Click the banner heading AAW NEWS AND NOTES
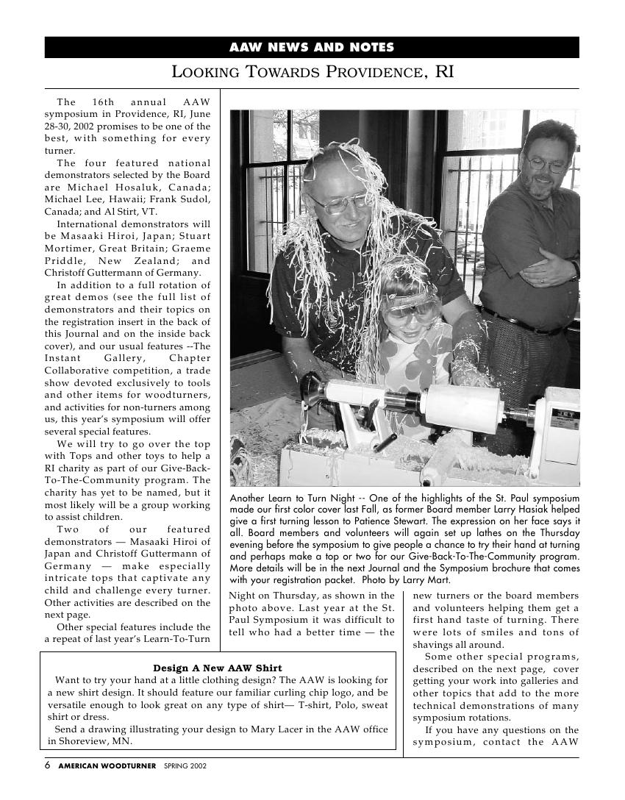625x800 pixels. point(312,48)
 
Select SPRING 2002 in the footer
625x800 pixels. point(185,765)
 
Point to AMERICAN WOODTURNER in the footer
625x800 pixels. point(107,765)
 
